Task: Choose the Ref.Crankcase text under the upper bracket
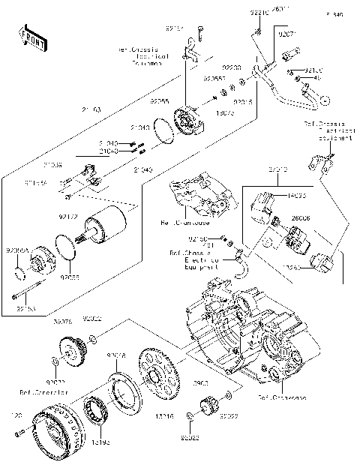pyautogui.click(x=190, y=223)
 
